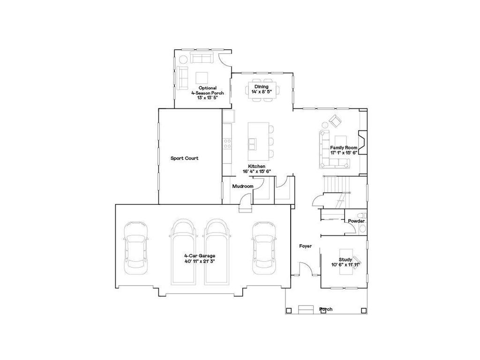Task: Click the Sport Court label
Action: (184, 158)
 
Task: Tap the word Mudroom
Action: (243, 187)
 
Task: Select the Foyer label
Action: (306, 246)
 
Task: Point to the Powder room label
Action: (356, 221)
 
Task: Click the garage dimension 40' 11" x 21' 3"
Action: (199, 261)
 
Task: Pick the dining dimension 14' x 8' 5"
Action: (262, 92)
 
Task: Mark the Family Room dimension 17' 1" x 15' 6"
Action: (344, 153)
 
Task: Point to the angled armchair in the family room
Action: (335, 122)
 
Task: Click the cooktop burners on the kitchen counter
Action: (227, 142)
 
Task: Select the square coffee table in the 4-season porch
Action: (202, 77)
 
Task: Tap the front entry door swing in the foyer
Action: (305, 269)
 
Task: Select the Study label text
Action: (345, 259)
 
